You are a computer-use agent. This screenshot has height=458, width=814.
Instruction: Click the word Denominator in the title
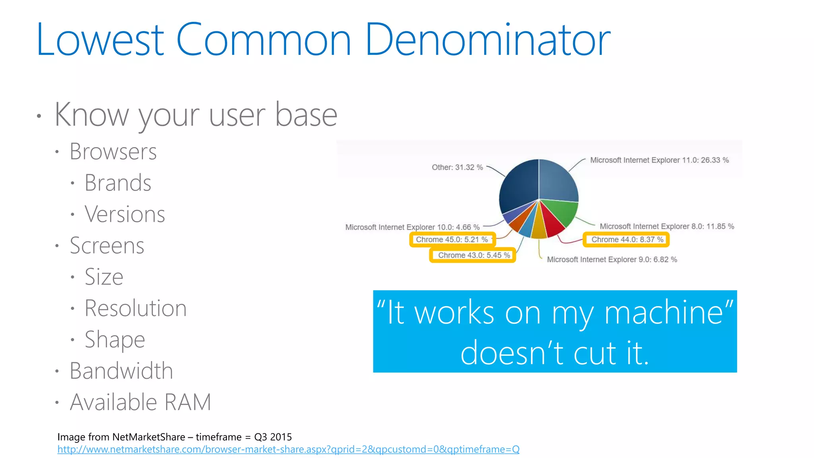(487, 40)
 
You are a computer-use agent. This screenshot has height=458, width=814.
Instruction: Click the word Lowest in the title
(100, 40)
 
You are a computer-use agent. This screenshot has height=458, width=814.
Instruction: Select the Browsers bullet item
(113, 152)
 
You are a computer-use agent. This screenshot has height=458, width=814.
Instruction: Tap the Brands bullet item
(118, 183)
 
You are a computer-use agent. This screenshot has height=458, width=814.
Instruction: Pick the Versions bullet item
(124, 214)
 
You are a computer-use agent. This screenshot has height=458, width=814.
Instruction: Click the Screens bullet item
(107, 246)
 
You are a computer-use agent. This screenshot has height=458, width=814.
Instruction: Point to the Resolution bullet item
(136, 308)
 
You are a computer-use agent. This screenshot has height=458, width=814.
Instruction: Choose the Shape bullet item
(114, 340)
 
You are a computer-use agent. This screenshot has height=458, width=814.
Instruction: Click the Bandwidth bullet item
(121, 371)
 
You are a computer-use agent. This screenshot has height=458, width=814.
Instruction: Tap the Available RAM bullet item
(140, 402)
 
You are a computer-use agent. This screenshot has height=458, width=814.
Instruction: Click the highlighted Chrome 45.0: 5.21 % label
(452, 240)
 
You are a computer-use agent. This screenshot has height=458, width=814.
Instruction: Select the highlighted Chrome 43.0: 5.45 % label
(474, 255)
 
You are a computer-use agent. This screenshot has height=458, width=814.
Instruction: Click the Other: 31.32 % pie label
(457, 167)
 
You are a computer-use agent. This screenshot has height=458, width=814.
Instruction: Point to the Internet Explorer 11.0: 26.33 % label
(659, 160)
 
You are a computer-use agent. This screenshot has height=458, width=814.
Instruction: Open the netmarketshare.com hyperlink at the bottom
(288, 450)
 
